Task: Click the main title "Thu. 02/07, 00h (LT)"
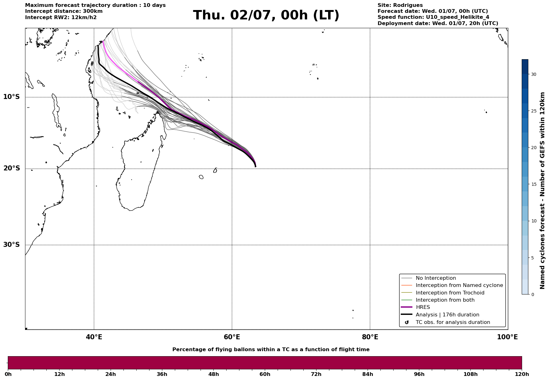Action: coord(266,15)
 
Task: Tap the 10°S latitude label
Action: coord(12,97)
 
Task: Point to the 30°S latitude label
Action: coord(12,245)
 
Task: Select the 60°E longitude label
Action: coord(232,337)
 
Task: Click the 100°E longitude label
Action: coord(507,337)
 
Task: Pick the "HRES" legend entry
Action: coord(423,307)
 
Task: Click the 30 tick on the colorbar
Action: coord(533,74)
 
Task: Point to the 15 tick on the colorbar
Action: coord(533,184)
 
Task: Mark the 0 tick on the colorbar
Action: coord(532,294)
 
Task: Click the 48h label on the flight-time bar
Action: coord(213,374)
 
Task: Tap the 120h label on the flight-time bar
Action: coord(522,374)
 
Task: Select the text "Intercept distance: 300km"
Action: coord(64,11)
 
